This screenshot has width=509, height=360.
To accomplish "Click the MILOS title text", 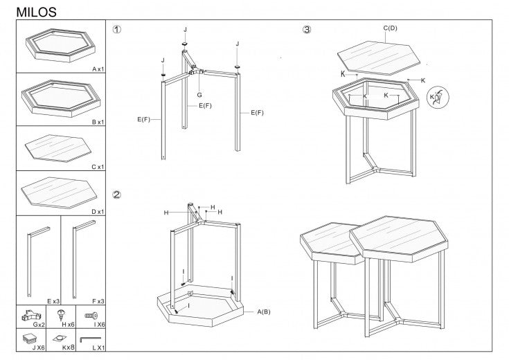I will pos(36,12).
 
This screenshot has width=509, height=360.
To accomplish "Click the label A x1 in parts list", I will pos(96,69).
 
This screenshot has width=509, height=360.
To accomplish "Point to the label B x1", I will pos(96,121).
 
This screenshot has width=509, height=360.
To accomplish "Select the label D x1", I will pos(96,211).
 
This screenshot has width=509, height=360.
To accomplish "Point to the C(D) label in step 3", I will pos(391,28).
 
